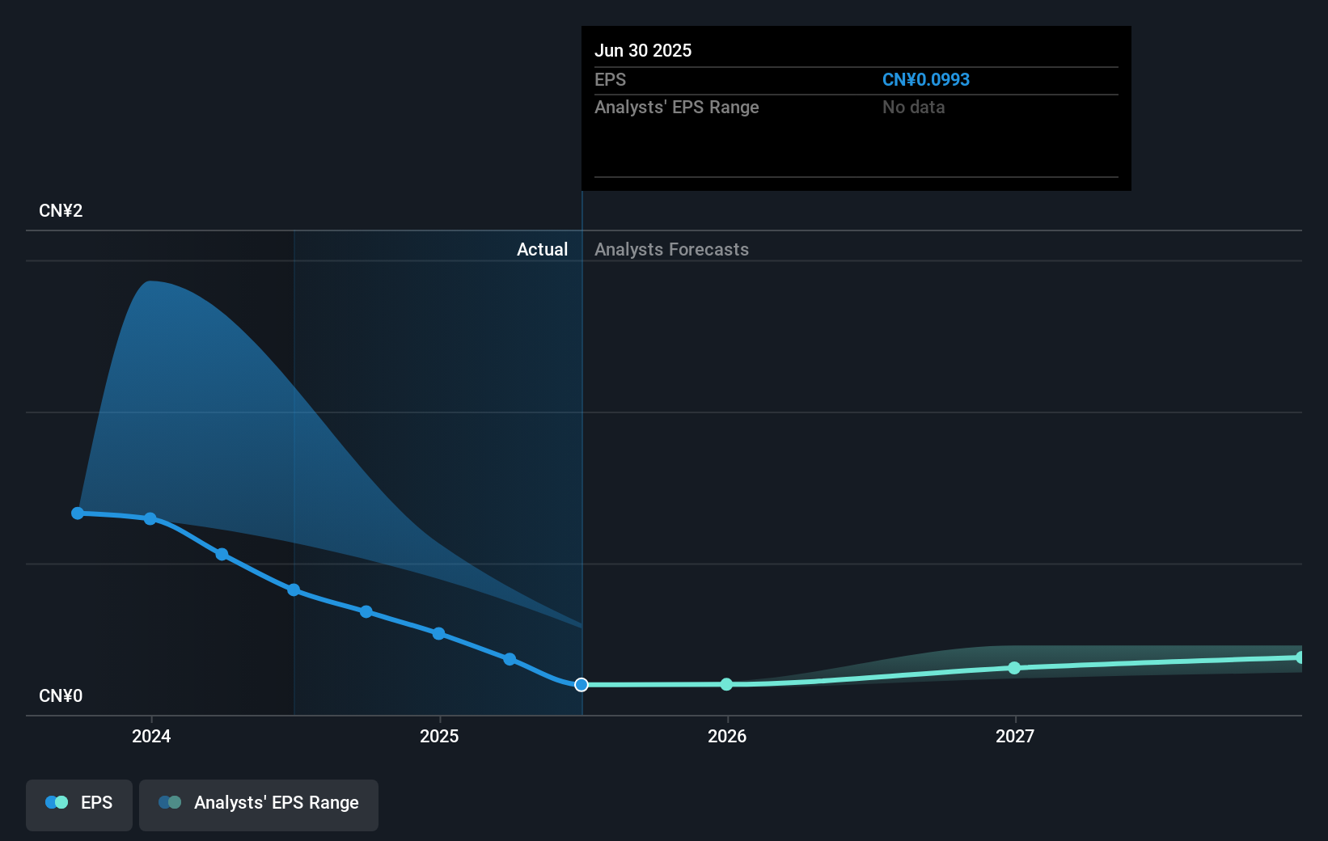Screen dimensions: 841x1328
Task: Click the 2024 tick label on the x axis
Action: click(151, 736)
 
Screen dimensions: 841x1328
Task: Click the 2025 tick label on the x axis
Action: click(439, 736)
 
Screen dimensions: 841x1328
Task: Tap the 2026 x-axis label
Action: click(727, 736)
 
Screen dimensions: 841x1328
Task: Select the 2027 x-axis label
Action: click(1015, 736)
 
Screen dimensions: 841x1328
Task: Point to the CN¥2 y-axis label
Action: click(61, 211)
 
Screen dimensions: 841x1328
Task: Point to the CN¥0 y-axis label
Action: click(61, 696)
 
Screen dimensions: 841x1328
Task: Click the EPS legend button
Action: click(79, 804)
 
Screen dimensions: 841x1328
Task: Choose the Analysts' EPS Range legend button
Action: click(259, 804)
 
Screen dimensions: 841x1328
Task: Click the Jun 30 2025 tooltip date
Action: click(643, 50)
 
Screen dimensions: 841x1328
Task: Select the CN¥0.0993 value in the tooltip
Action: click(925, 79)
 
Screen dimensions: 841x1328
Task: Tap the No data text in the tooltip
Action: click(913, 107)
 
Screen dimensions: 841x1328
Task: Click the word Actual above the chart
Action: click(542, 249)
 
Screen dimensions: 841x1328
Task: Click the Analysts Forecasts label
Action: click(671, 249)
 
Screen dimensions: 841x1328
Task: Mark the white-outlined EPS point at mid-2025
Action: click(582, 685)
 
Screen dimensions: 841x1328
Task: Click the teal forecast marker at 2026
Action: click(726, 684)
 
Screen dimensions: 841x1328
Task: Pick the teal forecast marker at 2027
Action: click(1014, 668)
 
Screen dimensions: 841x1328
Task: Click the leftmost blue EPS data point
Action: click(78, 513)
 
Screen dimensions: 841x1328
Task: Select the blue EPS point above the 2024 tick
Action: click(150, 518)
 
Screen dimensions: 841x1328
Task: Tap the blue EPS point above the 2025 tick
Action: click(438, 633)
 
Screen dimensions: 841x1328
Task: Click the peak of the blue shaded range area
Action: click(150, 282)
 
